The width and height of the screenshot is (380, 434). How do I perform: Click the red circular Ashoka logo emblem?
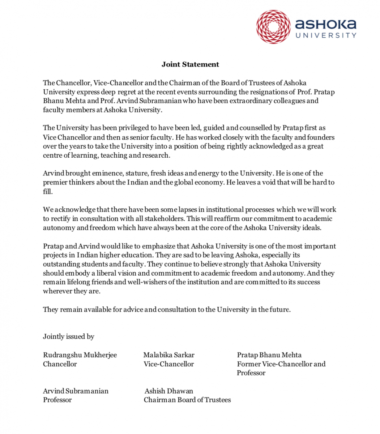coord(273,27)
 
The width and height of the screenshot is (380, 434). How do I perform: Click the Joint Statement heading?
coord(190,64)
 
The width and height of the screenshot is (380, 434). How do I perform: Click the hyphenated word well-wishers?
coord(148,282)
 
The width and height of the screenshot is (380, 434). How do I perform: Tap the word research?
coord(157,156)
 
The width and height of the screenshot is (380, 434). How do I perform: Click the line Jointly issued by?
coord(69,336)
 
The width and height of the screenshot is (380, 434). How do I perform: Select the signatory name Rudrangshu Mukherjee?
coord(80,355)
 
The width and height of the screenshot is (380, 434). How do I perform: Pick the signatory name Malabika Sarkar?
coord(169,355)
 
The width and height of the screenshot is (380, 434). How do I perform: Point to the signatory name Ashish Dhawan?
coord(169,391)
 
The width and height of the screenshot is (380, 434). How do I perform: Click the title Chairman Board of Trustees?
coord(187,400)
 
